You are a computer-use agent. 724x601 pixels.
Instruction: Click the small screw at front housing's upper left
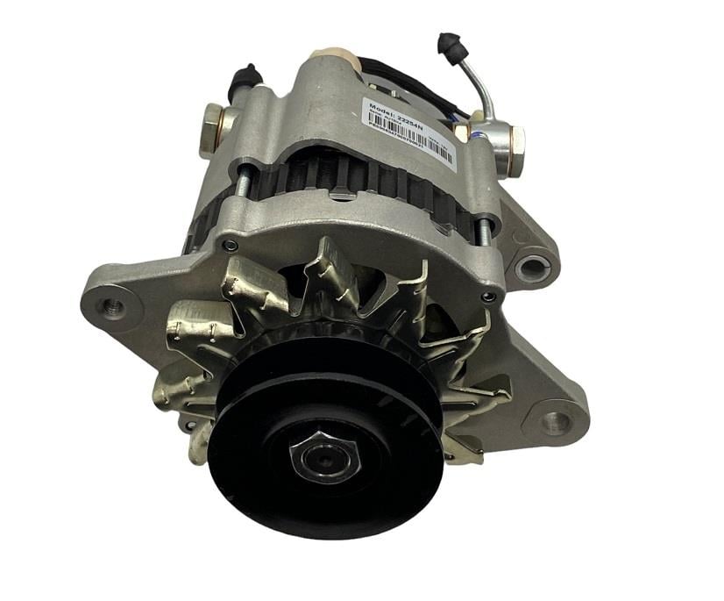[x=230, y=246]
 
